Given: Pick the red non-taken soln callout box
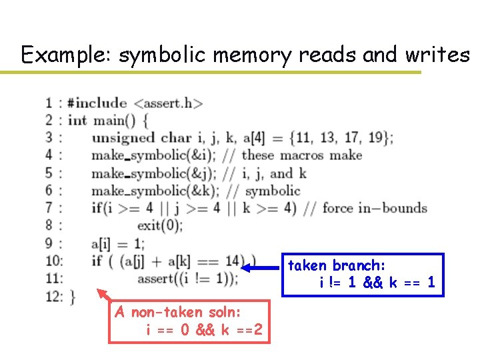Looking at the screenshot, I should [189, 321].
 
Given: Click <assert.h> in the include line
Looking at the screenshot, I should [168, 103].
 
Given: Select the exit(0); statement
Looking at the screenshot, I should [159, 225].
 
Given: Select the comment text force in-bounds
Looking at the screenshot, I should [374, 208].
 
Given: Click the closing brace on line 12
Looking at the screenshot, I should [72, 296].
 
